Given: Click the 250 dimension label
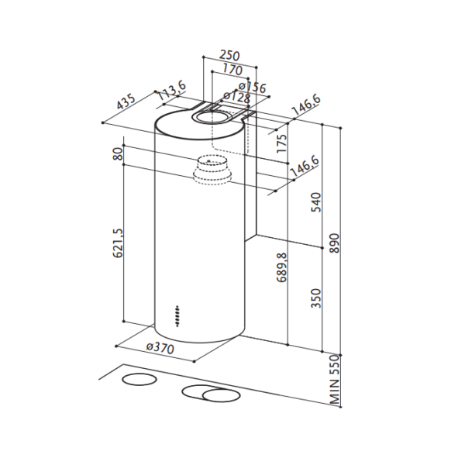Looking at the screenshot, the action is [229, 56].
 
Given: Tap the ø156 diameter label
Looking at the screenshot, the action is [253, 87].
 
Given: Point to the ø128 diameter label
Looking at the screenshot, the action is [237, 97].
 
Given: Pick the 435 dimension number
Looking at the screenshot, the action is [126, 102].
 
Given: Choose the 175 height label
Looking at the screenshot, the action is [282, 143].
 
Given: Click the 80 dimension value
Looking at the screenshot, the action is [118, 154].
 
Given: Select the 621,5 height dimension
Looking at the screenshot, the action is [118, 243].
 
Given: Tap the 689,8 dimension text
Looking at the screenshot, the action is [282, 267].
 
